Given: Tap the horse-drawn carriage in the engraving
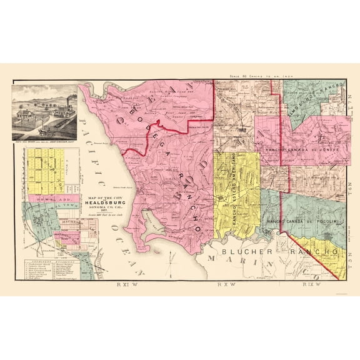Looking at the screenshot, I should point(44,132).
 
